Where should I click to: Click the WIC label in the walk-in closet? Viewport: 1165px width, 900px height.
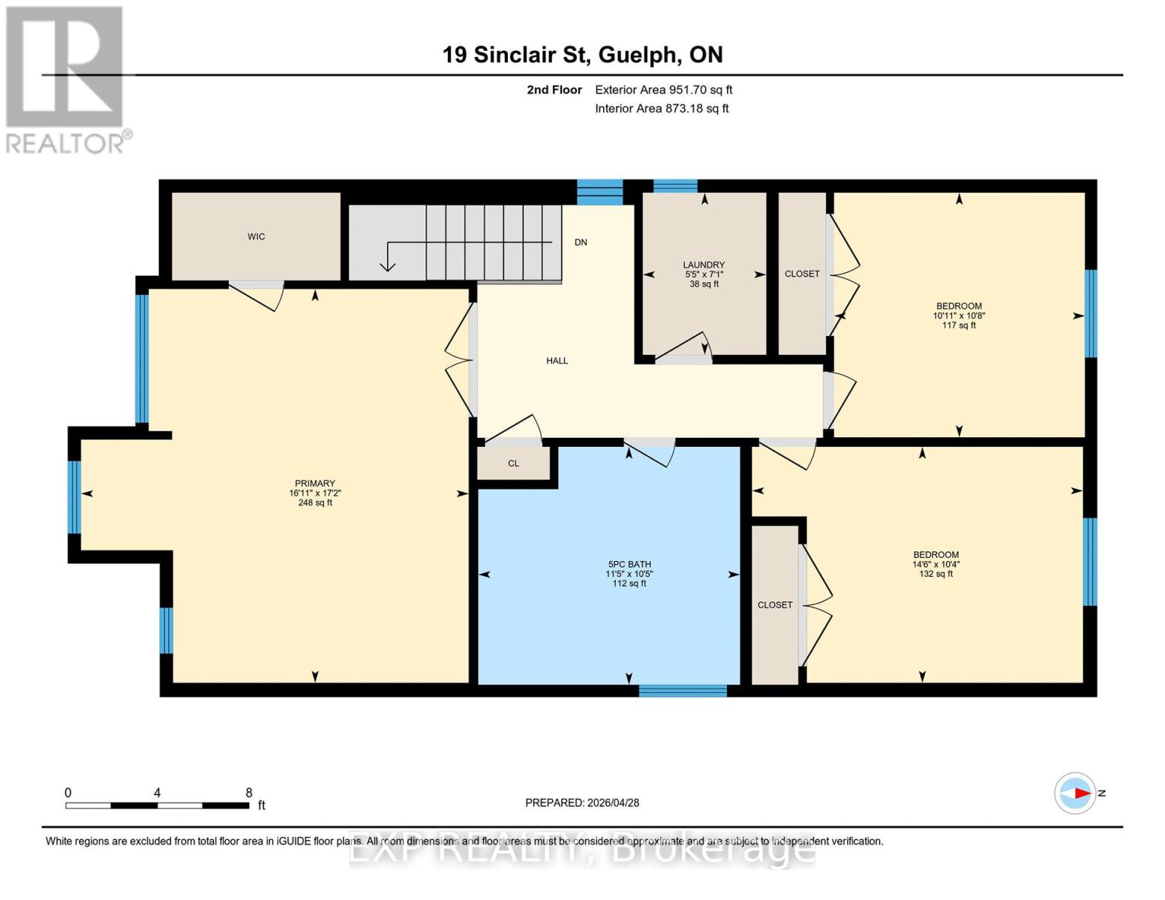256,237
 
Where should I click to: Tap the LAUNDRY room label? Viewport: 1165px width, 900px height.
704,265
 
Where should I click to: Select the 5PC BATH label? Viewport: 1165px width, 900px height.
629,564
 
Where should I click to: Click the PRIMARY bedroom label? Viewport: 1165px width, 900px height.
315,484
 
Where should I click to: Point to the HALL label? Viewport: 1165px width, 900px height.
557,361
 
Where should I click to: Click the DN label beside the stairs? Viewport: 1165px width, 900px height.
581,242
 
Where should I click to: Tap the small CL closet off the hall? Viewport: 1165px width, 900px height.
514,463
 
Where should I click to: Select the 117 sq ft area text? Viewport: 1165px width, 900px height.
959,325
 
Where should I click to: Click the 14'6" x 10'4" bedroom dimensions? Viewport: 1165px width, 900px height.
935,565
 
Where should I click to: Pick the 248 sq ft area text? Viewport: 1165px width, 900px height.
315,502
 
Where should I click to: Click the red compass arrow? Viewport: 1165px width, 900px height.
1081,793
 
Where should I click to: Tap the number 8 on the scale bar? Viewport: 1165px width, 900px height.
249,793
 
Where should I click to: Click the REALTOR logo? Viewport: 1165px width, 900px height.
66,79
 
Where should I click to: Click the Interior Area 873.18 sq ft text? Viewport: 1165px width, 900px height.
662,109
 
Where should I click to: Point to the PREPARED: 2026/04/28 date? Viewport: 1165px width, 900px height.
582,802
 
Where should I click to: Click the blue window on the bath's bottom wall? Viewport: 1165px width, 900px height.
683,691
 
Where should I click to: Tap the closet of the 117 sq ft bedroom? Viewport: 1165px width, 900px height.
802,274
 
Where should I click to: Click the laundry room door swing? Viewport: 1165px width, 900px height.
683,346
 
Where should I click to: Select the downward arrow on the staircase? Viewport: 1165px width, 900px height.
388,263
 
